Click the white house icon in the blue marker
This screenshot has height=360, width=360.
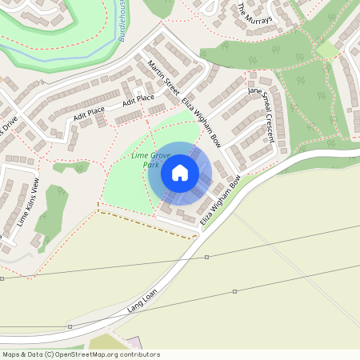pyautogui.click(x=179, y=172)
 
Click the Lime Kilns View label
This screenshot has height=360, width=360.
pyautogui.click(x=25, y=203)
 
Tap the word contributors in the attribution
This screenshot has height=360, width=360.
pyautogui.click(x=136, y=354)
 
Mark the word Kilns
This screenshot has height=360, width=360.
pyautogui.click(x=25, y=205)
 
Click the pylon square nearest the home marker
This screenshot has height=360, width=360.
pyautogui.click(x=207, y=257)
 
